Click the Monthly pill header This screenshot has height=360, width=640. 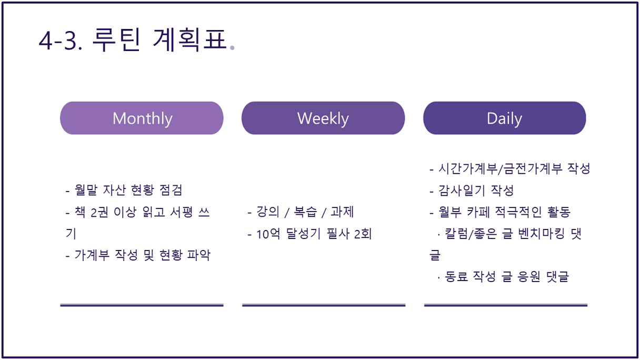coord(142,118)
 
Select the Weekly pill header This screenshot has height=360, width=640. coord(323,118)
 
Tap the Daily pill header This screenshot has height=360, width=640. coord(505,118)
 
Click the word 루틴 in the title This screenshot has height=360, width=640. coord(116,39)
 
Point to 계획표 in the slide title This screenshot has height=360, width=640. coord(190,39)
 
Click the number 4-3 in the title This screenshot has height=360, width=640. coord(59,41)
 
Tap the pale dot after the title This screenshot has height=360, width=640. coord(232,48)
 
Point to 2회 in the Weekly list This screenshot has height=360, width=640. coord(363,234)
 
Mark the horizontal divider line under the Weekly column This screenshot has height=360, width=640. coord(324,305)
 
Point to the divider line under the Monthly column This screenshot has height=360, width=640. coord(142,305)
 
